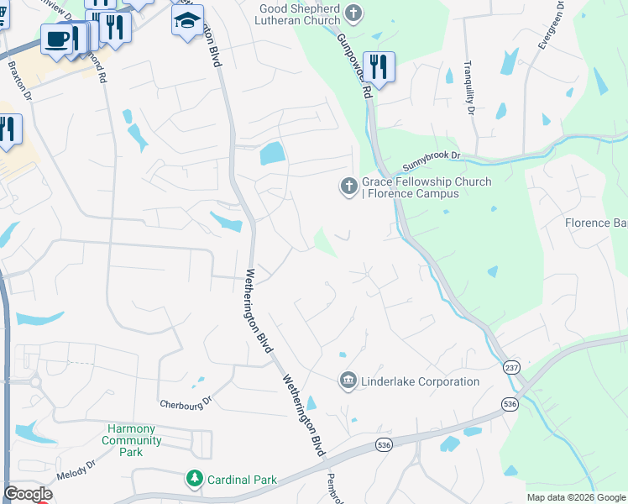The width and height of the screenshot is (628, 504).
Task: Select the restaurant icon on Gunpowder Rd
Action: click(379, 68)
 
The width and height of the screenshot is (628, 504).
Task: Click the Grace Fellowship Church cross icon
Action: click(348, 186)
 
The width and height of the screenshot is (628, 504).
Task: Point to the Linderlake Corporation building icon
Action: click(348, 381)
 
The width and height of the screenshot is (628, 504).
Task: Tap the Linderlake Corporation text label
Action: click(420, 381)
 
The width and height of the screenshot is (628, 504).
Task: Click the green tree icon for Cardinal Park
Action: click(195, 479)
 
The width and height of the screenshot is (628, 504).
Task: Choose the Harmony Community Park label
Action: click(131, 440)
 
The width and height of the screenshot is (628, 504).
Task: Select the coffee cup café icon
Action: click(57, 39)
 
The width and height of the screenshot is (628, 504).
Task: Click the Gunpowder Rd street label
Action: click(354, 67)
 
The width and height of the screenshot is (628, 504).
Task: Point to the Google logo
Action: click(28, 494)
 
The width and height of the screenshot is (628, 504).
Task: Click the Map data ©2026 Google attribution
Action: click(577, 497)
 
